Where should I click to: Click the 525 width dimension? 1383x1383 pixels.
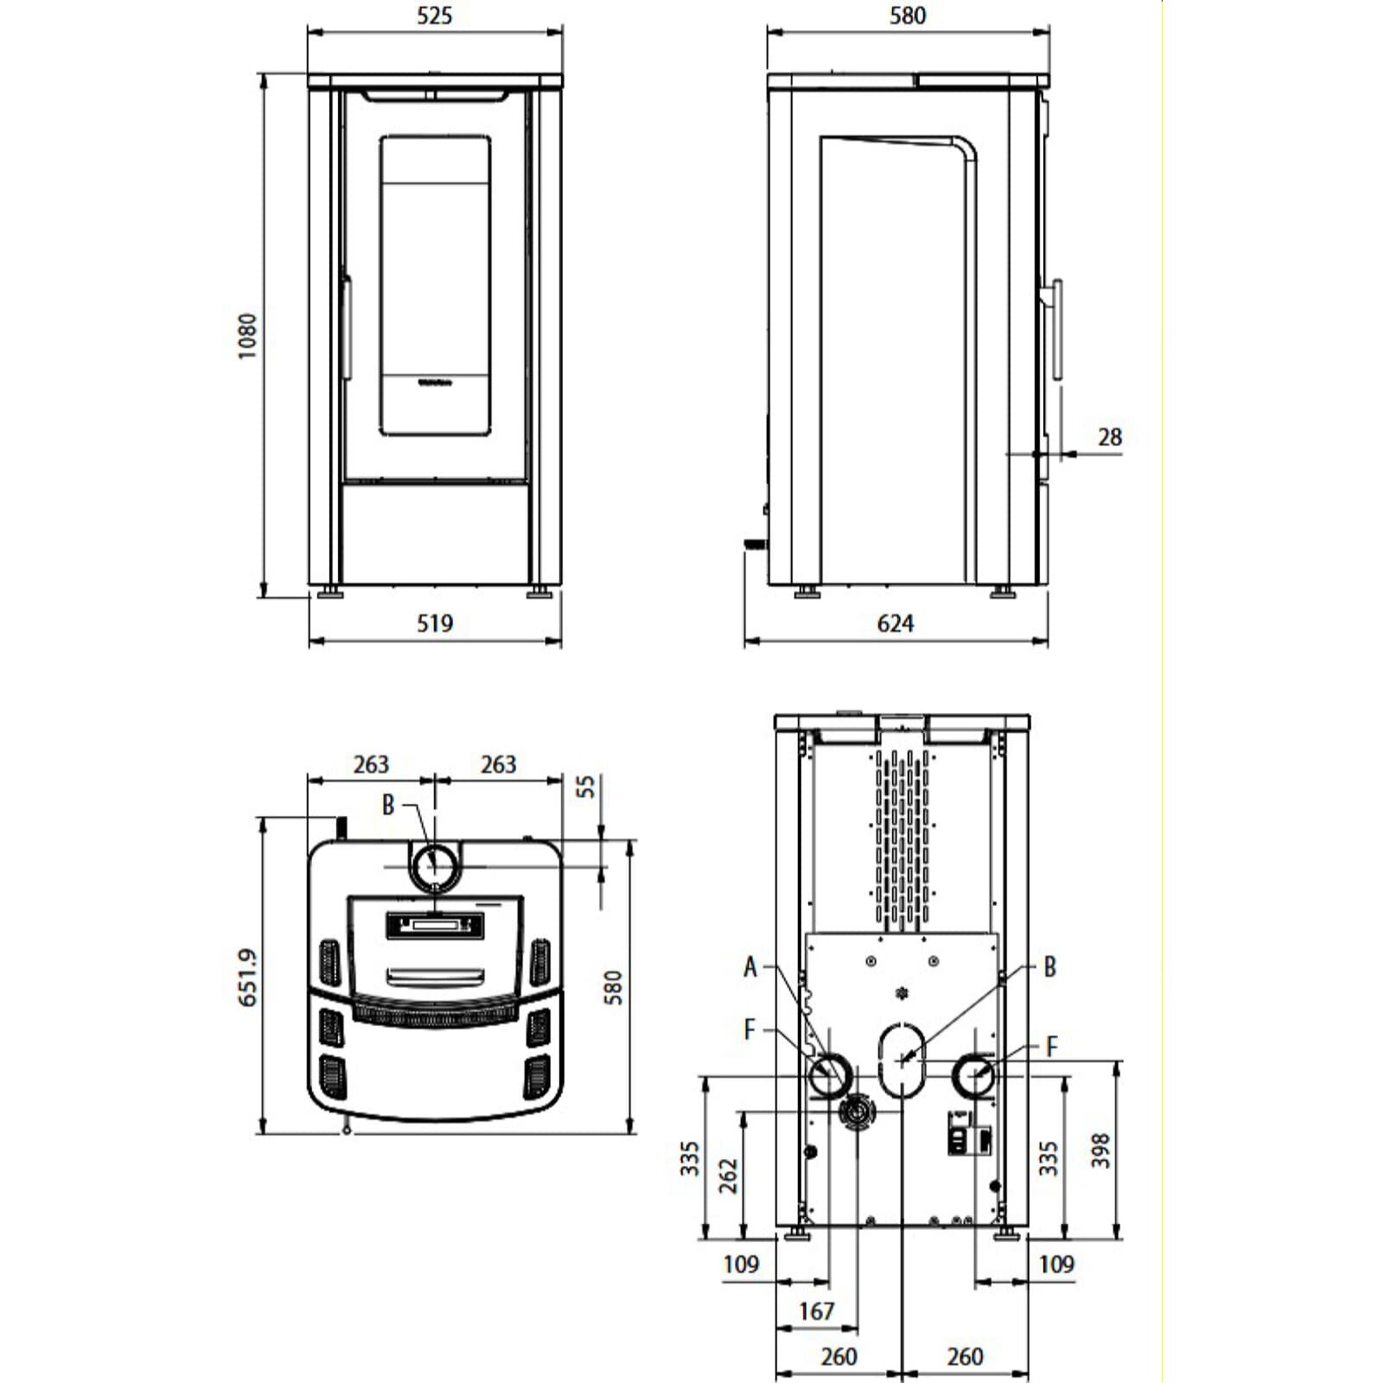(434, 16)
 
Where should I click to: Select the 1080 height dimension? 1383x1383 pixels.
(247, 335)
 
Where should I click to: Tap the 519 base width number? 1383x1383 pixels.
(434, 623)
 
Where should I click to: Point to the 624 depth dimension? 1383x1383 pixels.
(895, 623)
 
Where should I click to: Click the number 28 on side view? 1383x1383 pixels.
(1109, 437)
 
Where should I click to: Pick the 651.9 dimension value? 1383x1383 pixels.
(248, 977)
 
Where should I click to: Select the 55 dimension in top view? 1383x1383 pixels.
(586, 787)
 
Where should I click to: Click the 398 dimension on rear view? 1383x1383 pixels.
(1099, 1150)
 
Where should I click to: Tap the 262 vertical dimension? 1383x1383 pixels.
(729, 1176)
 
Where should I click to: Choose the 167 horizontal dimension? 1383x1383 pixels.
(816, 1311)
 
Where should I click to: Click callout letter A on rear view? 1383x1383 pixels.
(750, 966)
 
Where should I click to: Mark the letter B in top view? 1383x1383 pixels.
(388, 805)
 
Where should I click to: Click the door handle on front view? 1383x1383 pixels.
(347, 327)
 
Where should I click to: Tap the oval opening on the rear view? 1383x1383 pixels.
(902, 1059)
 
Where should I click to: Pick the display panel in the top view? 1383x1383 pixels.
(435, 926)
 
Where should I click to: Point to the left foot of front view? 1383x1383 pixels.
(329, 592)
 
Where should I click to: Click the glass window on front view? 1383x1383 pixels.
(435, 285)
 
